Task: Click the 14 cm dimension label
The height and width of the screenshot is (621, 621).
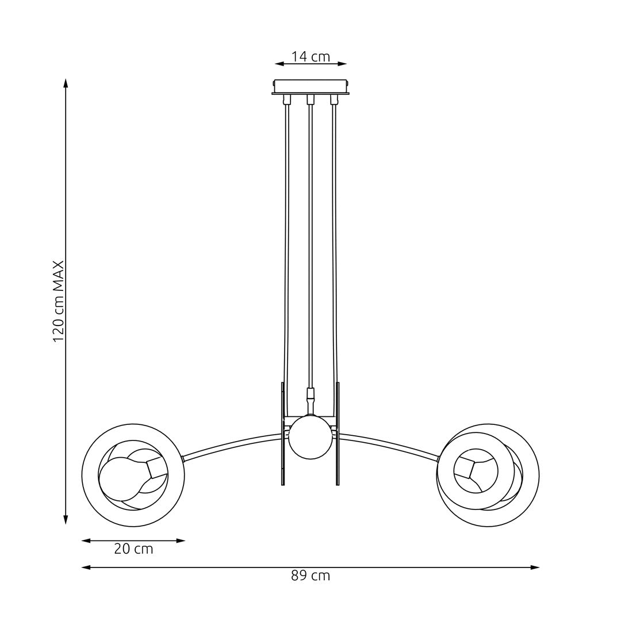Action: [310, 56]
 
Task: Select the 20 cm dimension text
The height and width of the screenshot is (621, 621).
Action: [133, 549]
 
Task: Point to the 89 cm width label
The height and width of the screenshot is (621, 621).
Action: [310, 576]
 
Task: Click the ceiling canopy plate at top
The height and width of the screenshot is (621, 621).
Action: [310, 86]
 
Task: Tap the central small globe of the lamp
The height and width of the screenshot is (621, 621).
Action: [310, 437]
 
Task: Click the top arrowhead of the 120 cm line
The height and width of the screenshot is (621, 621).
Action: [66, 83]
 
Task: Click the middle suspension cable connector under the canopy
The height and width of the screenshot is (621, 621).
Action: [310, 99]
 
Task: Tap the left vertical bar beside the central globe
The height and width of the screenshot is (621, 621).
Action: [283, 434]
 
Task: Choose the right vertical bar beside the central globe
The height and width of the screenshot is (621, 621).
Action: [338, 434]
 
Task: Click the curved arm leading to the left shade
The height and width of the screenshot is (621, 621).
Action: [230, 446]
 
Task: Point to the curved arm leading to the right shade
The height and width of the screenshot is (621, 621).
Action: [391, 445]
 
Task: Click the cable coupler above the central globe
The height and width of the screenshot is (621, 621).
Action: [310, 394]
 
